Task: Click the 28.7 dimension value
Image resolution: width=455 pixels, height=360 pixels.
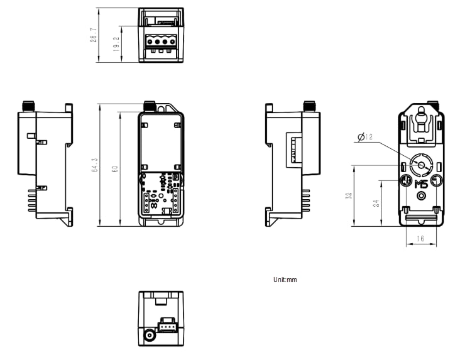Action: [x=94, y=35]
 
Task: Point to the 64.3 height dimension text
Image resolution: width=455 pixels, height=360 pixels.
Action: [x=95, y=165]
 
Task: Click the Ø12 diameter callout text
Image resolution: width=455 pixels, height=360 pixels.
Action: [x=365, y=136]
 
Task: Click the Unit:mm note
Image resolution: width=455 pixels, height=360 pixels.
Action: [x=285, y=280]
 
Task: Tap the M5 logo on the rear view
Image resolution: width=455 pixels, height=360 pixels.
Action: [x=421, y=183]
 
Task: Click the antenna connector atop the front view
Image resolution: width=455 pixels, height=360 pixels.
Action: [x=150, y=105]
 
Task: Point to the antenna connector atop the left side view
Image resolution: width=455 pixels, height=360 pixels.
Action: [x=28, y=105]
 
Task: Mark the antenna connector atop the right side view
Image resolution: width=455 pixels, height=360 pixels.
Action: [x=309, y=105]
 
